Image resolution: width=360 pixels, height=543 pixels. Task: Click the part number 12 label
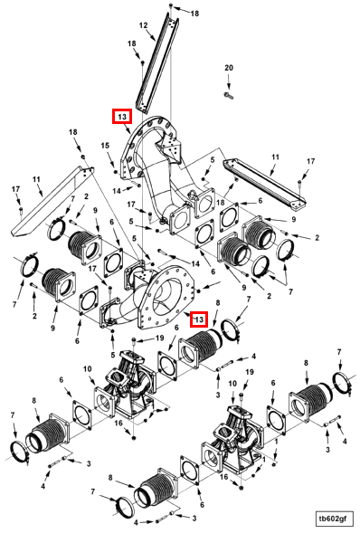pyautogui.click(x=143, y=25)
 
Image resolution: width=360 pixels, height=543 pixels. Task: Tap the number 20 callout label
pyautogui.click(x=229, y=68)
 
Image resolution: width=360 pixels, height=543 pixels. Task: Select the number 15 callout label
pyautogui.click(x=105, y=146)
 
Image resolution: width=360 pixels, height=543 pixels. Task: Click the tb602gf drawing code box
pyautogui.click(x=333, y=519)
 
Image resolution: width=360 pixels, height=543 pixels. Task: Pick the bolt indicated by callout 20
pyautogui.click(x=229, y=95)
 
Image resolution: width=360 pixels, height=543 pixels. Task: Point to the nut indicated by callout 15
pyautogui.click(x=116, y=171)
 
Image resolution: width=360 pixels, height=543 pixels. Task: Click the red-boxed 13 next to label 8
pyautogui.click(x=199, y=319)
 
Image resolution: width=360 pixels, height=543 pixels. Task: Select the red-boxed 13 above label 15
pyautogui.click(x=122, y=117)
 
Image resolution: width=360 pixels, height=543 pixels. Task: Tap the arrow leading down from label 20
pyautogui.click(x=229, y=82)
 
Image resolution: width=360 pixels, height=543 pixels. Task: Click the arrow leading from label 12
pyautogui.click(x=152, y=35)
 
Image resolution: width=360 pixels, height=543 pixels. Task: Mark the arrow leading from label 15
pyautogui.click(x=109, y=158)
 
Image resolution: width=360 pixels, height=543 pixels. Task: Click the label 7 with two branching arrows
pyautogui.click(x=290, y=292)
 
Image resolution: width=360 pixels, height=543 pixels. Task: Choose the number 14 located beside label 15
pyautogui.click(x=117, y=191)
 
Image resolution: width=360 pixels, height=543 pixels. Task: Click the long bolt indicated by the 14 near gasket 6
pyautogui.click(x=167, y=252)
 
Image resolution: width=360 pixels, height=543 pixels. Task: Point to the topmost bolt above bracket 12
pyautogui.click(x=171, y=5)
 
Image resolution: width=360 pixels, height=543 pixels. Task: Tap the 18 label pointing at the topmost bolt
pyautogui.click(x=194, y=14)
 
